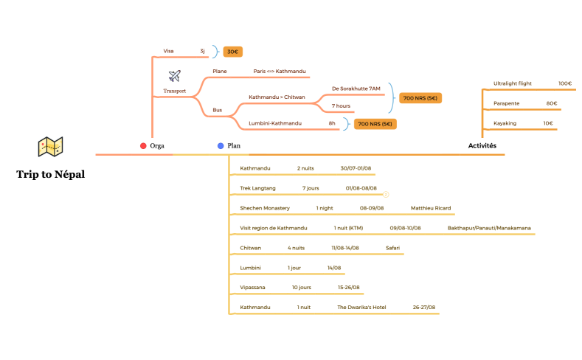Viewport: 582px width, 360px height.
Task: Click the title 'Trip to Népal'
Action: pyautogui.click(x=51, y=175)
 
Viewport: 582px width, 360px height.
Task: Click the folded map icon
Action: pyautogui.click(x=51, y=147)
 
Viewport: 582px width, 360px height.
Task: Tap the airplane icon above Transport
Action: pyautogui.click(x=175, y=76)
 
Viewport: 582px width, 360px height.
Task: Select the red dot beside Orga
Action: pyautogui.click(x=143, y=146)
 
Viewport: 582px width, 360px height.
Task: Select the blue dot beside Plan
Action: pyautogui.click(x=221, y=146)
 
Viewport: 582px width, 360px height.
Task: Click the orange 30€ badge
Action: pyautogui.click(x=233, y=52)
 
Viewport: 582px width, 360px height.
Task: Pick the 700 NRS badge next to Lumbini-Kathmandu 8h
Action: pyautogui.click(x=375, y=124)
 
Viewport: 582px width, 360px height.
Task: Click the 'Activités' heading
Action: pyautogui.click(x=482, y=146)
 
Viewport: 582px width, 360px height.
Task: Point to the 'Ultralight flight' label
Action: pyautogui.click(x=512, y=83)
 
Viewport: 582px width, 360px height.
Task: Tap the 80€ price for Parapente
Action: pyautogui.click(x=551, y=103)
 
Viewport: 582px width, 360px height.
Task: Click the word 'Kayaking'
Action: pyautogui.click(x=505, y=123)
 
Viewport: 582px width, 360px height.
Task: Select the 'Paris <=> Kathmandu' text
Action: pyautogui.click(x=279, y=72)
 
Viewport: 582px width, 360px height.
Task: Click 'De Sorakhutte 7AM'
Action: pyautogui.click(x=356, y=89)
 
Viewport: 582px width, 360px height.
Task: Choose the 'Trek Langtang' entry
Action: pyautogui.click(x=257, y=188)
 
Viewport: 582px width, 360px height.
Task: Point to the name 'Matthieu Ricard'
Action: pyautogui.click(x=430, y=208)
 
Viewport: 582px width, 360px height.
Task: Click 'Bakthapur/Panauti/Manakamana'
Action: pyautogui.click(x=488, y=228)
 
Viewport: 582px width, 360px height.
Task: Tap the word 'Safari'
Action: pyautogui.click(x=392, y=248)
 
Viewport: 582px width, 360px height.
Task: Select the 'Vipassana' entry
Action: pyautogui.click(x=252, y=287)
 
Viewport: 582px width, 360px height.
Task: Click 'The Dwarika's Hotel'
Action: pyautogui.click(x=361, y=307)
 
